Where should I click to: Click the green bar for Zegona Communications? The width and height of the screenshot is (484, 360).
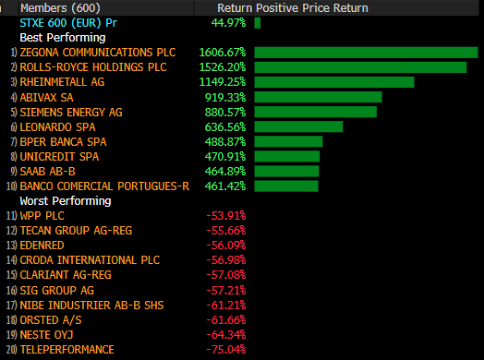pyautogui.click(x=366, y=53)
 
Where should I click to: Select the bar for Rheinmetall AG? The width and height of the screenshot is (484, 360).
pyautogui.click(x=334, y=82)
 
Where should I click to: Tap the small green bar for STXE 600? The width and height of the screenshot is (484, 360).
pyautogui.click(x=258, y=23)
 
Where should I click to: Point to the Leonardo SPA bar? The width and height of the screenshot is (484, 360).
pyautogui.click(x=298, y=126)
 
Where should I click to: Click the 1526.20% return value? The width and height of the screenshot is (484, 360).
pyautogui.click(x=223, y=67)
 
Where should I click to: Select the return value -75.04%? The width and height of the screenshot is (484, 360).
pyautogui.click(x=226, y=350)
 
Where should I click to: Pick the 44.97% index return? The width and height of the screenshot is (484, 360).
pyautogui.click(x=229, y=23)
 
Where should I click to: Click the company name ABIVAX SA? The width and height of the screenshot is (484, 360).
pyautogui.click(x=46, y=98)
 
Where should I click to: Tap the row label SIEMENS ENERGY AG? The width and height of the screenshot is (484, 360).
pyautogui.click(x=71, y=113)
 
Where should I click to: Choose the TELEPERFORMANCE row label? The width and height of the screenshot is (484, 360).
pyautogui.click(x=67, y=350)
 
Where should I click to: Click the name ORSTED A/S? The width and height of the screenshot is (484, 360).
pyautogui.click(x=51, y=320)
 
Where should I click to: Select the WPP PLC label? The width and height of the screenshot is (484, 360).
pyautogui.click(x=42, y=216)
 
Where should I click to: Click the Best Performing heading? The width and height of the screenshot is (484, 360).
pyautogui.click(x=63, y=38)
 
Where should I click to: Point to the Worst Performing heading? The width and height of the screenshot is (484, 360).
pyautogui.click(x=66, y=201)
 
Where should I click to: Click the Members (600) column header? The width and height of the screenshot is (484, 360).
pyautogui.click(x=61, y=8)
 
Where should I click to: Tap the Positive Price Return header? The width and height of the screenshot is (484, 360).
pyautogui.click(x=312, y=8)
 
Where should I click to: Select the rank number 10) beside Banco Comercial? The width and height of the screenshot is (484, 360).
pyautogui.click(x=11, y=186)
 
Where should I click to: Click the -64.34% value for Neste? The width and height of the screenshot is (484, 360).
pyautogui.click(x=226, y=335)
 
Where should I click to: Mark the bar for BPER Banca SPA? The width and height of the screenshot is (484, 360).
pyautogui.click(x=288, y=141)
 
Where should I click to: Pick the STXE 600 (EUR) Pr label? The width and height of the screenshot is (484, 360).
pyautogui.click(x=68, y=23)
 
